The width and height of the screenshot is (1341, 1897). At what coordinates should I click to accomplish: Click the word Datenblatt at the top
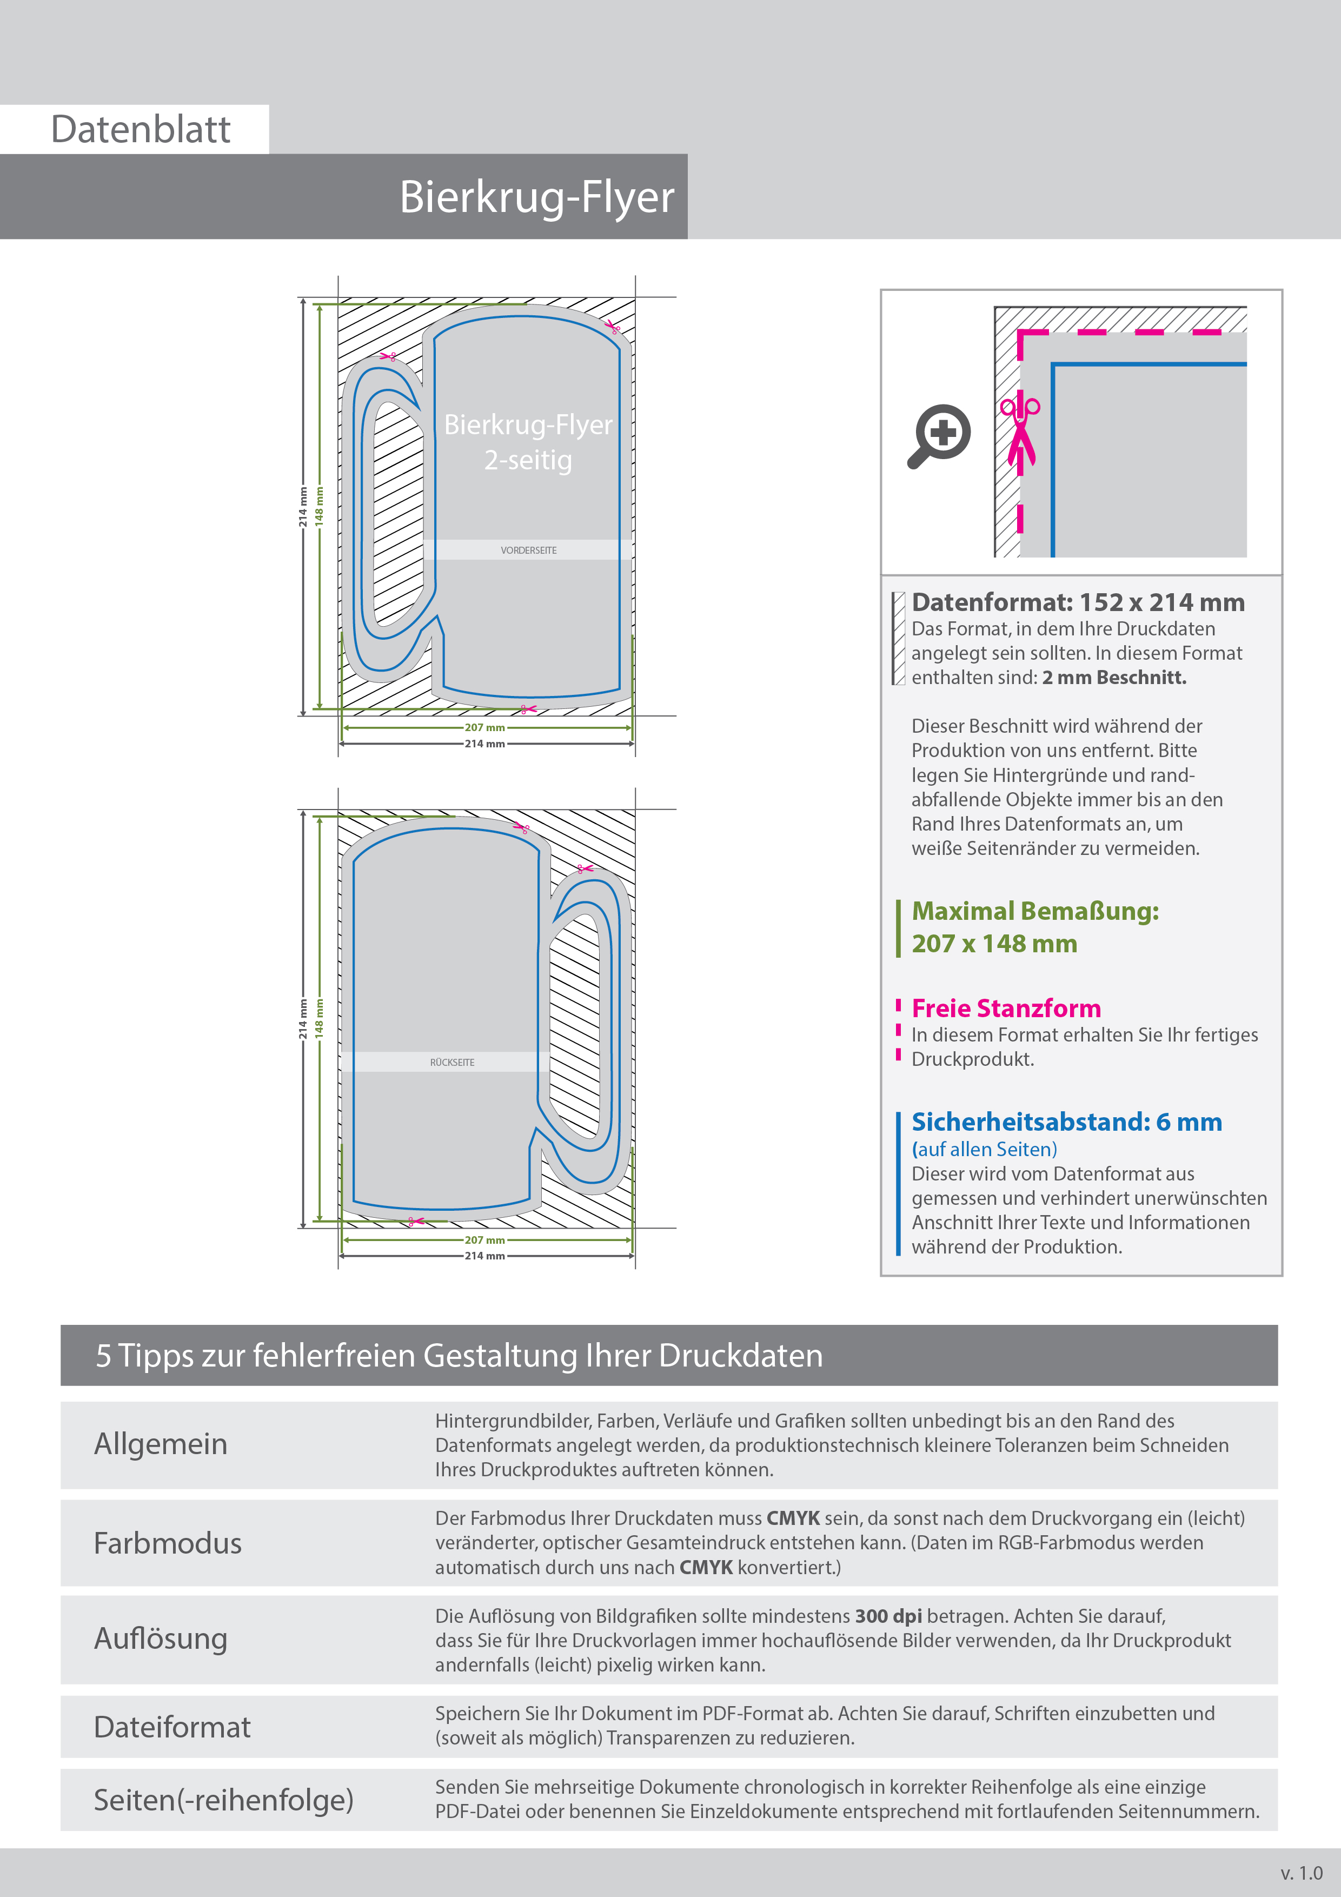click(x=141, y=130)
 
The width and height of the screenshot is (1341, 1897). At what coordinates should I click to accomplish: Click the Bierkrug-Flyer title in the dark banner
click(x=536, y=197)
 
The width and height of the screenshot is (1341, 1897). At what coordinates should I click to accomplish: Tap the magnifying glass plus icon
click(x=939, y=435)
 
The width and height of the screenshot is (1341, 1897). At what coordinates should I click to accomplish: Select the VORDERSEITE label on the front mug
click(x=528, y=550)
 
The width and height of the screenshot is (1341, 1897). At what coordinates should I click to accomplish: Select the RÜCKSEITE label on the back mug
click(x=452, y=1063)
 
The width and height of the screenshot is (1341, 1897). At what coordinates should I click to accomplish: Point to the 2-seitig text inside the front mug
click(x=528, y=460)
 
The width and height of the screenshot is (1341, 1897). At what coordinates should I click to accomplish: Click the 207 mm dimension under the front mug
click(x=484, y=728)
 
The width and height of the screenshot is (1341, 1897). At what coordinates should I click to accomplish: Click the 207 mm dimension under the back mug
click(x=484, y=1240)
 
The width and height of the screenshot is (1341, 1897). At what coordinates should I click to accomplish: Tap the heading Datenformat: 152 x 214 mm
click(x=1078, y=602)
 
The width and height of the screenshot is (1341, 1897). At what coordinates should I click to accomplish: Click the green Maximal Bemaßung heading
click(x=1034, y=911)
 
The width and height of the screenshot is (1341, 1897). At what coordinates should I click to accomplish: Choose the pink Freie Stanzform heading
click(x=1006, y=1009)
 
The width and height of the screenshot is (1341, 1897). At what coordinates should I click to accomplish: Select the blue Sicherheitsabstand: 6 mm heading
click(x=1066, y=1122)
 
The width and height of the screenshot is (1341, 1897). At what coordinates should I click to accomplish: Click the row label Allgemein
click(x=160, y=1444)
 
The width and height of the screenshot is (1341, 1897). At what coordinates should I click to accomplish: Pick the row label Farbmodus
click(x=168, y=1543)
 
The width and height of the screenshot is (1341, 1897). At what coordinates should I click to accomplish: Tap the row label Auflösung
click(x=160, y=1639)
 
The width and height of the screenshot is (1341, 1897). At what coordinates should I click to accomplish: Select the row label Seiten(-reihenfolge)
click(x=223, y=1800)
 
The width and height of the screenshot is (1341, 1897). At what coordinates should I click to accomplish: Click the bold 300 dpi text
click(x=888, y=1616)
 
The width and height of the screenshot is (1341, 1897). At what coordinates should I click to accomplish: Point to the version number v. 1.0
click(x=1302, y=1873)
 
